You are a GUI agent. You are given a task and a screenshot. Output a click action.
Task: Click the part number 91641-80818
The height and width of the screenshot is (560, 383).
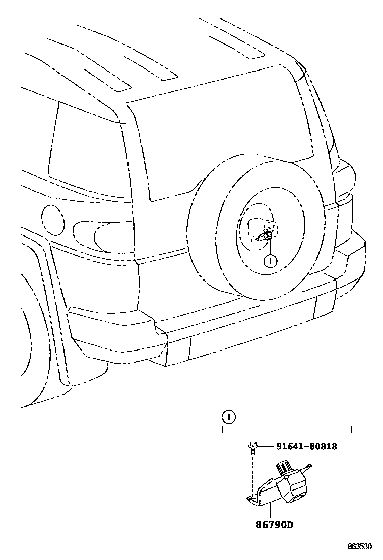tap(306, 446)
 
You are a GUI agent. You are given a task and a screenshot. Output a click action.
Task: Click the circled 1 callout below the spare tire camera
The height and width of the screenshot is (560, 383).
tap(271, 261)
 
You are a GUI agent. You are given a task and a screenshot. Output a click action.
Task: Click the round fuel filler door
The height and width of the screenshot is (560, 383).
tap(52, 220)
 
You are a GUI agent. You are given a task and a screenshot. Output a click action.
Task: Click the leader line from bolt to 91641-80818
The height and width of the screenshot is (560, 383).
tap(266, 446)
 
